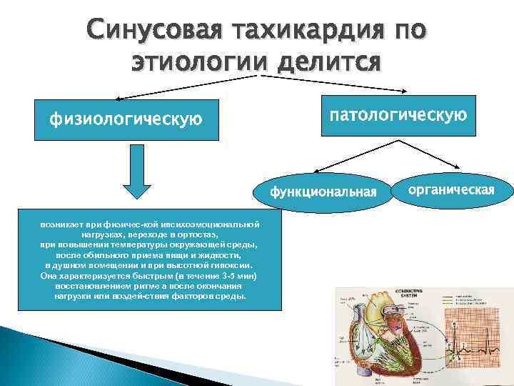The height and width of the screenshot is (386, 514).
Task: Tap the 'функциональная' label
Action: pos(323,192)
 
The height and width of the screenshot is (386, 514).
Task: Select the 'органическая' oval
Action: pos(451,189)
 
